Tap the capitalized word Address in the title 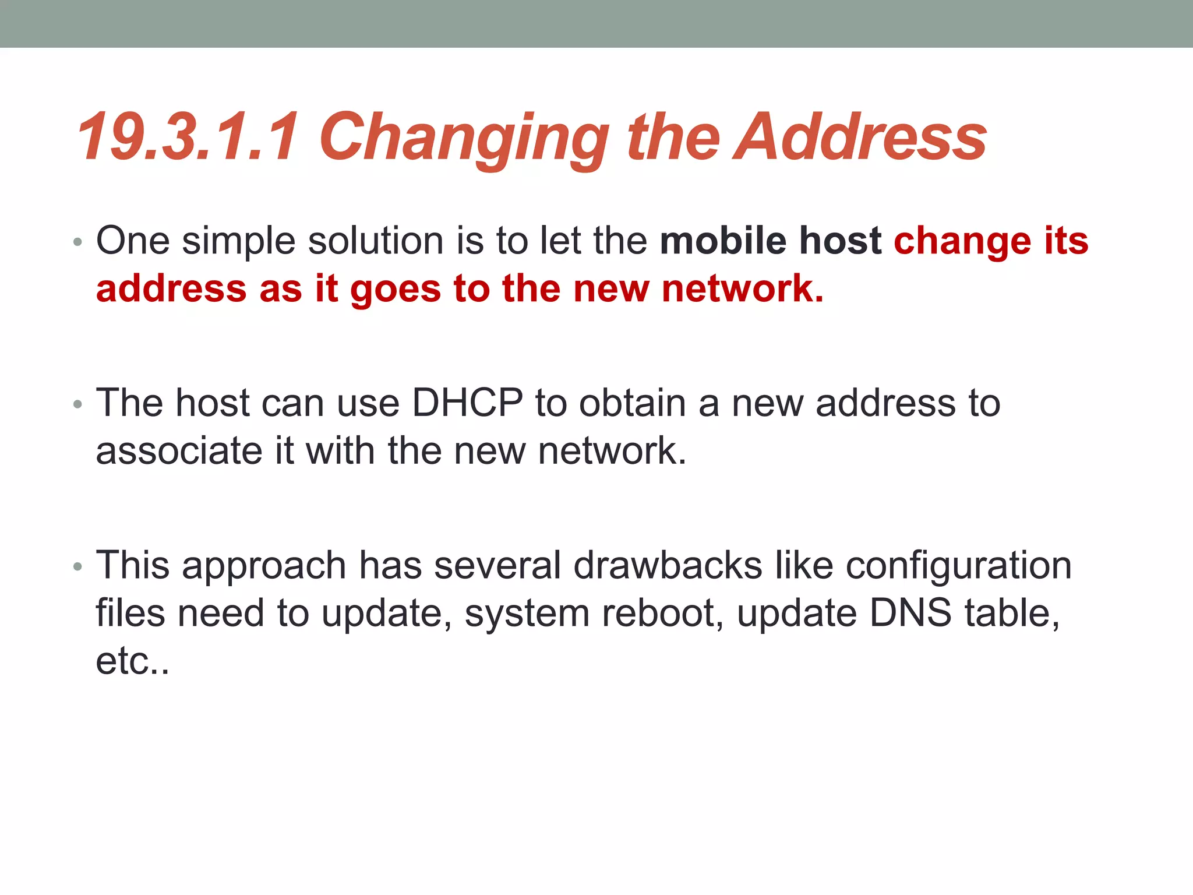pos(860,138)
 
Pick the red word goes pos(396,290)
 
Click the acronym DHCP pos(467,403)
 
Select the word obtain pos(633,403)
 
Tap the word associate pos(179,451)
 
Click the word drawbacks pos(668,565)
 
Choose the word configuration pos(958,566)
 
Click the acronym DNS pos(910,613)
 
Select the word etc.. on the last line pos(132,661)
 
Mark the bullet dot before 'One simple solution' pos(77,241)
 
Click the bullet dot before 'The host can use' pos(77,404)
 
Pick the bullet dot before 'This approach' pos(77,566)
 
